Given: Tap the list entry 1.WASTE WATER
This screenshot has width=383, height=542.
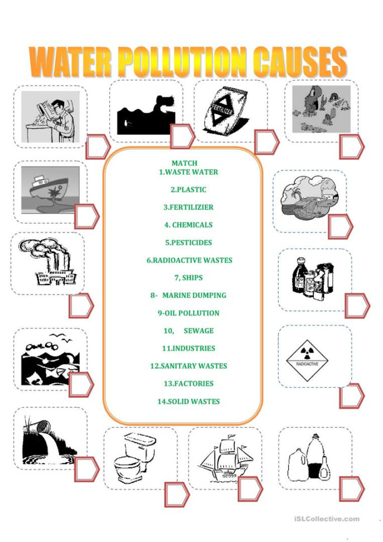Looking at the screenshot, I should pos(188,172).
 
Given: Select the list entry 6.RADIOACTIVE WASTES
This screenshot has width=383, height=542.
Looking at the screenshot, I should pos(189,260).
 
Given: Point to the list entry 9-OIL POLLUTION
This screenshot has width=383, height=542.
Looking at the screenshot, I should pos(188,313).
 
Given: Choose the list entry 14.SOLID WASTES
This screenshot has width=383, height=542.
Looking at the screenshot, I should pos(188,402).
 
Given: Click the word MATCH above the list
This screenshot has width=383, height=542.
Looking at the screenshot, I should pos(184,163).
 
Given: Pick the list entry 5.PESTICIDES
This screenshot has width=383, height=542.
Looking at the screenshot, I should pos(188,243).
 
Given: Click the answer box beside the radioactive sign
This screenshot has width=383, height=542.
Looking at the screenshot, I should pos(351,396).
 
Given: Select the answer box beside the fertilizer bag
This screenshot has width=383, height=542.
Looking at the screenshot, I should pos(266,142).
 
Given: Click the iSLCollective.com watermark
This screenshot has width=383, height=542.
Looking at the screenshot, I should pos(327,519).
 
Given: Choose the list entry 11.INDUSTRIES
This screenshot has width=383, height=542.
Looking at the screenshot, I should pos(188,349).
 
